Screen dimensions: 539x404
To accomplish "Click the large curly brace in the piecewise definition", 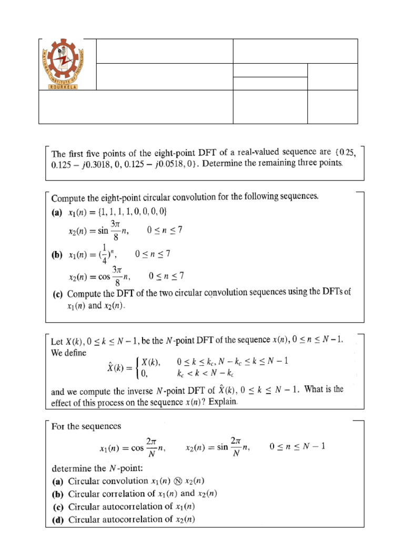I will tap(138, 367).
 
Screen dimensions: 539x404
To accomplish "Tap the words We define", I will tap(69, 353).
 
